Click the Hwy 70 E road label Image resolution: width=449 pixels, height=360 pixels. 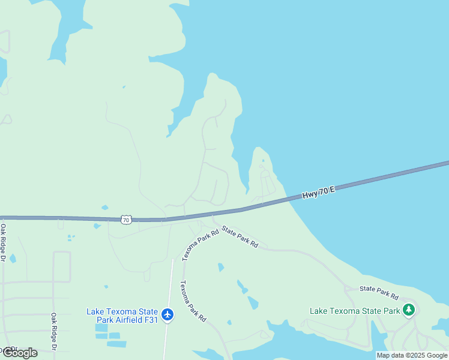319,193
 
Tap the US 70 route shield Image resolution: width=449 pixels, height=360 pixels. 125,220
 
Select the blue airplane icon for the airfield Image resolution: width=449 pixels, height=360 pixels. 167,314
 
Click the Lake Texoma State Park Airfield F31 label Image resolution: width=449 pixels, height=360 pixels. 122,316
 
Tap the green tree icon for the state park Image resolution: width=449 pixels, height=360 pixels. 409,310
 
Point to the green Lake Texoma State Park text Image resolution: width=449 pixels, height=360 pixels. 355,311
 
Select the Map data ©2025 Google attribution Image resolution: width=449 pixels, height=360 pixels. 412,355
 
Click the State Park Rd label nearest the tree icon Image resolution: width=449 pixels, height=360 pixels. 379,293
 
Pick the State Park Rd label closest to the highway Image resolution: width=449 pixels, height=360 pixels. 240,236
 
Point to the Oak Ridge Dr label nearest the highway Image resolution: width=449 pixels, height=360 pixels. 3,243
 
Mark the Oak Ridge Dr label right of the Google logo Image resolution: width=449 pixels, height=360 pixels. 53,332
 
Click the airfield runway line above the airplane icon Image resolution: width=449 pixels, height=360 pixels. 171,282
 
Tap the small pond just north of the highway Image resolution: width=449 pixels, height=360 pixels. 104,208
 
